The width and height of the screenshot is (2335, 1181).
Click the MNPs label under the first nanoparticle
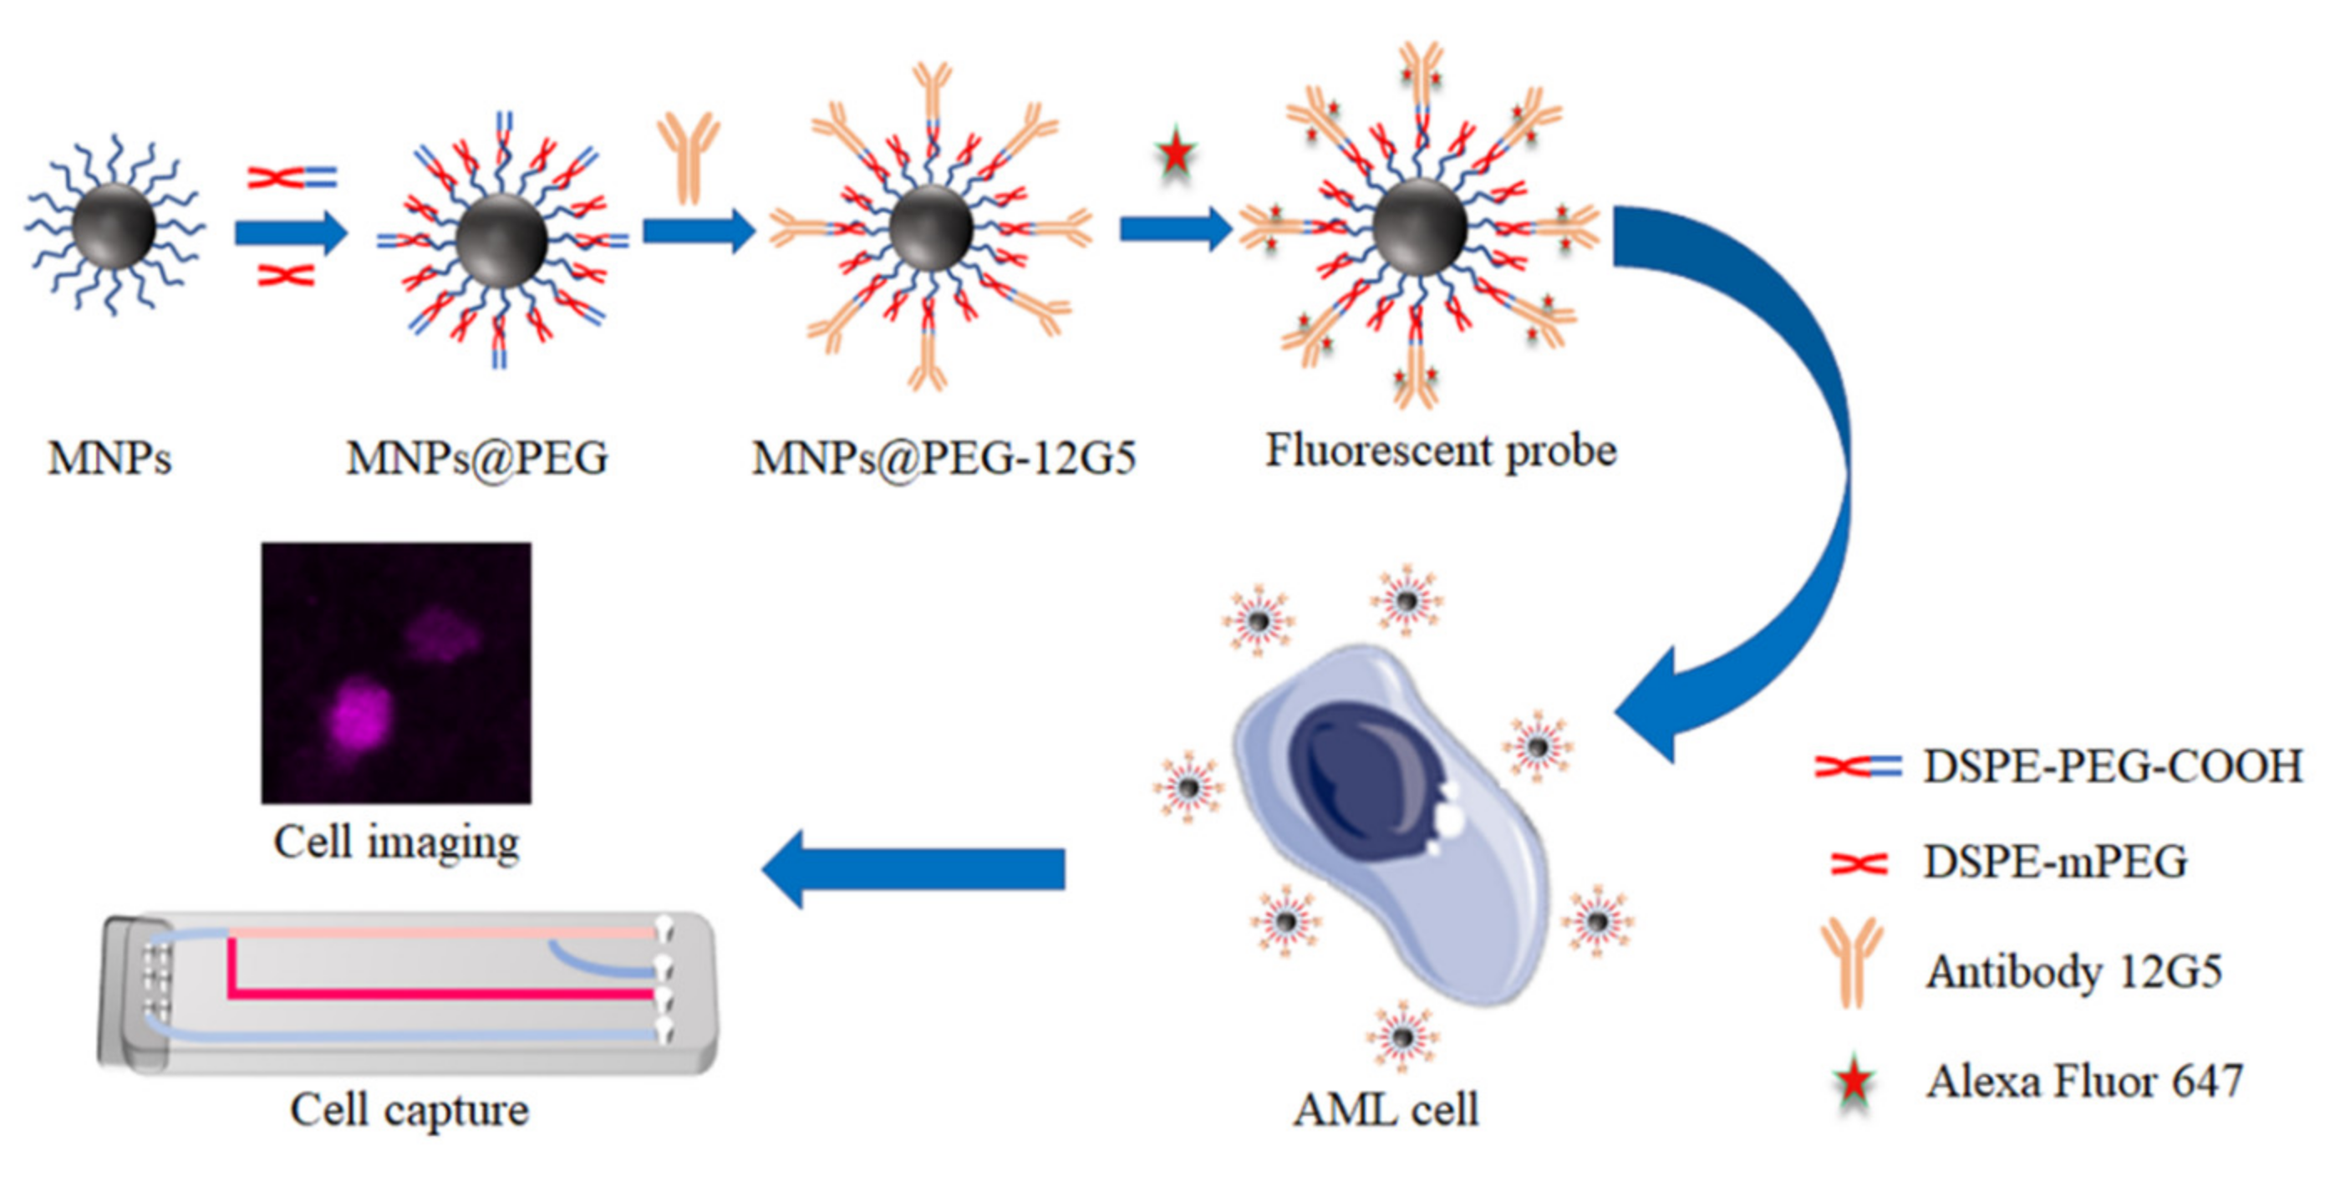click(x=109, y=458)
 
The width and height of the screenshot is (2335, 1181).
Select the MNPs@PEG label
click(x=477, y=458)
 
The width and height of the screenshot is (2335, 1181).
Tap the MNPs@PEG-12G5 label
click(x=944, y=458)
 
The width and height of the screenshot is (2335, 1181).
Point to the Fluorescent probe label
click(x=1440, y=451)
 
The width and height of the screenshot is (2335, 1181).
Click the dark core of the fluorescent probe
click(x=1418, y=227)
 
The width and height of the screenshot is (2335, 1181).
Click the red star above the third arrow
click(x=1176, y=152)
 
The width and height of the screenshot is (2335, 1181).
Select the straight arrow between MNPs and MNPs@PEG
click(x=290, y=233)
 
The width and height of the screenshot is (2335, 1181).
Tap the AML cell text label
click(x=1385, y=1109)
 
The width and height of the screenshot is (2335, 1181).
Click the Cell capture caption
click(x=409, y=1109)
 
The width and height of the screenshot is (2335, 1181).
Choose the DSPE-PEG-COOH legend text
click(x=2112, y=766)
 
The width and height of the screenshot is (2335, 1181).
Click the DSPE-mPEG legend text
click(x=2055, y=861)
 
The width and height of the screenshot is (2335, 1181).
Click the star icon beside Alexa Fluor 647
click(x=1854, y=1081)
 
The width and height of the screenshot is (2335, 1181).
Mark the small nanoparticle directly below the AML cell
click(x=1402, y=1036)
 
